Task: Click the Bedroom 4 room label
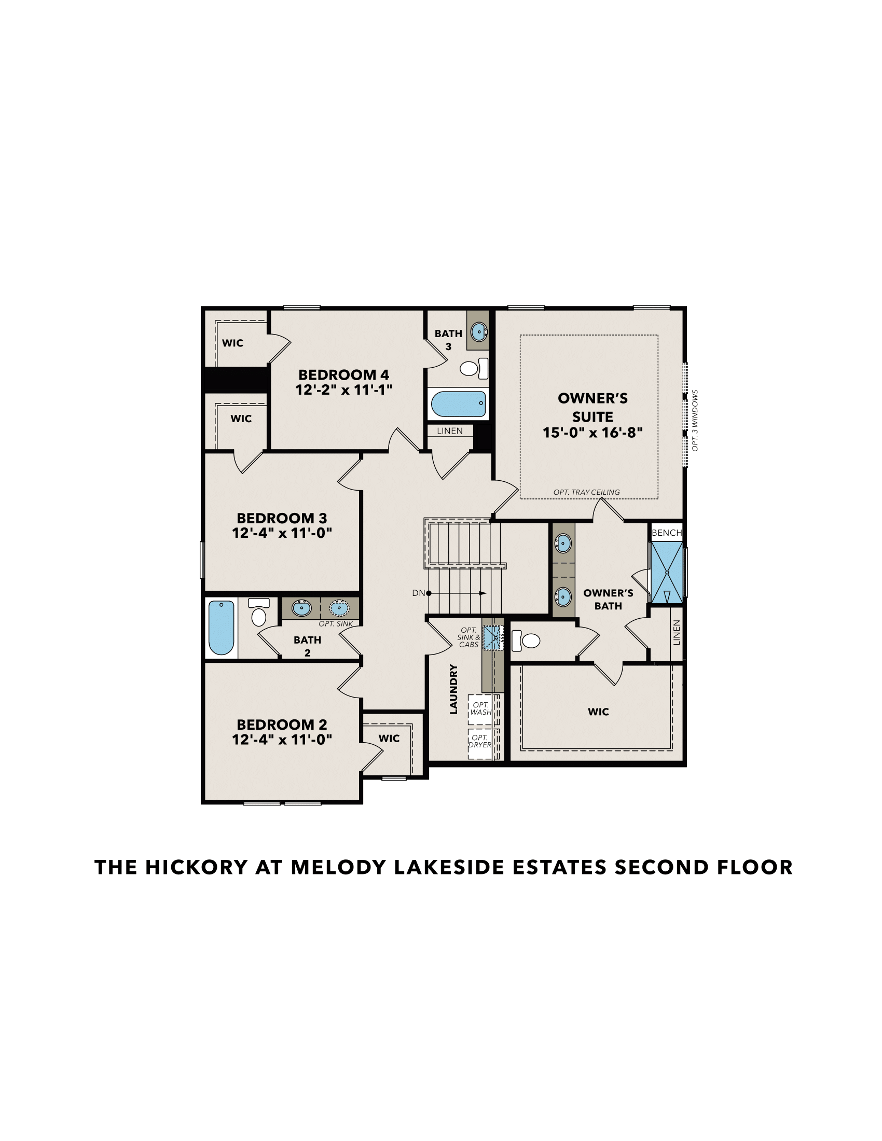coord(343,374)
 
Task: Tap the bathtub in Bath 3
coord(458,404)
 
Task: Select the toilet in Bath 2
coord(259,614)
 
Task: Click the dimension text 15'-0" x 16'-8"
coord(592,433)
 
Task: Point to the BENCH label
coord(666,532)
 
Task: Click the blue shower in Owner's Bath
coord(667,573)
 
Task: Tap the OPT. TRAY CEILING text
coord(586,492)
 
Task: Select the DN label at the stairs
coord(418,593)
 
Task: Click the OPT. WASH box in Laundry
coord(480,709)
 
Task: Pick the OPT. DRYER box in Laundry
coord(480,741)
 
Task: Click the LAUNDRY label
coord(453,689)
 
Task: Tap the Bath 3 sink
coord(479,332)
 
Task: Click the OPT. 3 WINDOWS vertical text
coord(694,421)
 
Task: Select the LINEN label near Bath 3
coord(449,431)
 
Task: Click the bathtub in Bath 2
coord(221,628)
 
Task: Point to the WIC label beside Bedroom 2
coord(389,738)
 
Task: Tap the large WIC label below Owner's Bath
coord(598,712)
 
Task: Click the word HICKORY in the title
coord(196,868)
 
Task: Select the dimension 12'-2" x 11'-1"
coord(343,389)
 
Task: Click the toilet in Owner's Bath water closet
coord(527,641)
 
